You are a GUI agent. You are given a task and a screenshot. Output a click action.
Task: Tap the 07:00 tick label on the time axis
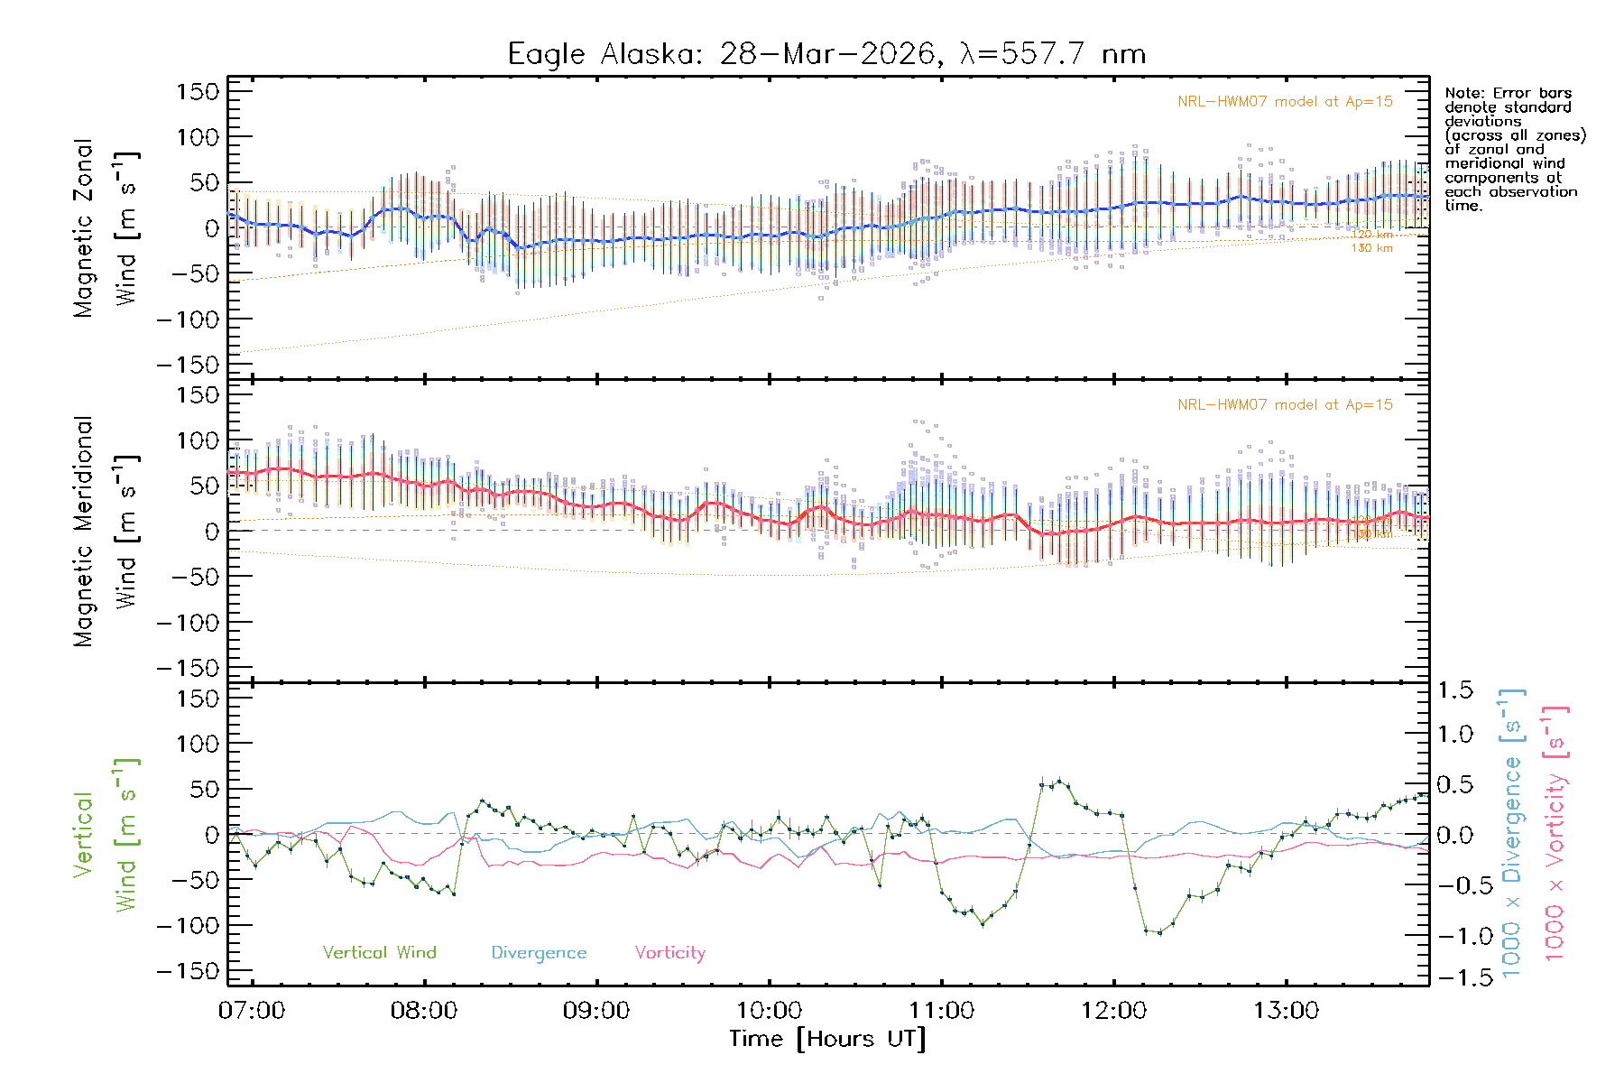(x=252, y=1011)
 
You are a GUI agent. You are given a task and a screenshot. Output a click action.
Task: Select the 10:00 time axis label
(x=769, y=1011)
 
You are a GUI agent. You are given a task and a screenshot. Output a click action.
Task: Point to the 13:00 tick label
(x=1286, y=1011)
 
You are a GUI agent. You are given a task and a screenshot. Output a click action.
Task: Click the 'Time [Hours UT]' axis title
(x=827, y=1039)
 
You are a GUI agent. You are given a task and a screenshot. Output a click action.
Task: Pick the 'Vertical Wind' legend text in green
(x=379, y=952)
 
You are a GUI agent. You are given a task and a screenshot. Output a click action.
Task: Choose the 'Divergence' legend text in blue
(x=539, y=952)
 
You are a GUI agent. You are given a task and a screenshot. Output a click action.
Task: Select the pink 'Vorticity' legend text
(x=669, y=952)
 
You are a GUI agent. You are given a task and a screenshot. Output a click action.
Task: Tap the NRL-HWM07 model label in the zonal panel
(x=1285, y=102)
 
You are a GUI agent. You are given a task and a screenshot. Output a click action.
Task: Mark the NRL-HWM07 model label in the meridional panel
(x=1285, y=405)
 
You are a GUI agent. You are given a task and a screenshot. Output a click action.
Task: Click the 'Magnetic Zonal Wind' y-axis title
(x=106, y=227)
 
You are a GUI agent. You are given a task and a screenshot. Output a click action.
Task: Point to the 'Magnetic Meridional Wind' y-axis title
(x=106, y=531)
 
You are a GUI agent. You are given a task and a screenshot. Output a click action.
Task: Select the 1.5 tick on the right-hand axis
(x=1454, y=690)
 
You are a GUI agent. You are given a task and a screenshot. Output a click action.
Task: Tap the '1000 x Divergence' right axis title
(x=1512, y=833)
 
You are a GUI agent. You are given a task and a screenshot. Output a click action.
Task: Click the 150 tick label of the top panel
(x=198, y=92)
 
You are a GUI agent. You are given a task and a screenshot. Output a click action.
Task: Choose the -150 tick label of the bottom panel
(x=188, y=972)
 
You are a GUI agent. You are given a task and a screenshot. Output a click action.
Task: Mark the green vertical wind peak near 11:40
(x=1058, y=782)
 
